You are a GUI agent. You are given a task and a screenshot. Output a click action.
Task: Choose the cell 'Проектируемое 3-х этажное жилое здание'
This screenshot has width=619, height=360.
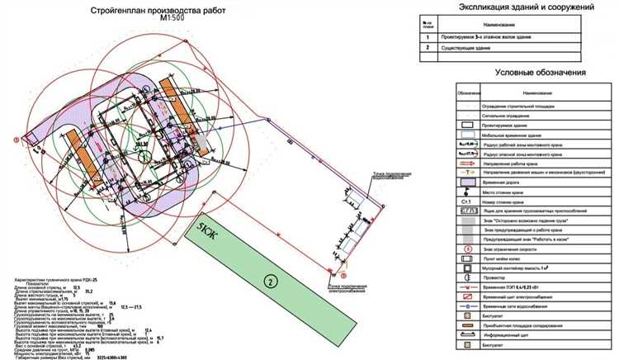(497, 36)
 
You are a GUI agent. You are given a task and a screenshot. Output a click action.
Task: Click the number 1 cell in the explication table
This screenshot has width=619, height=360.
(428, 36)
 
